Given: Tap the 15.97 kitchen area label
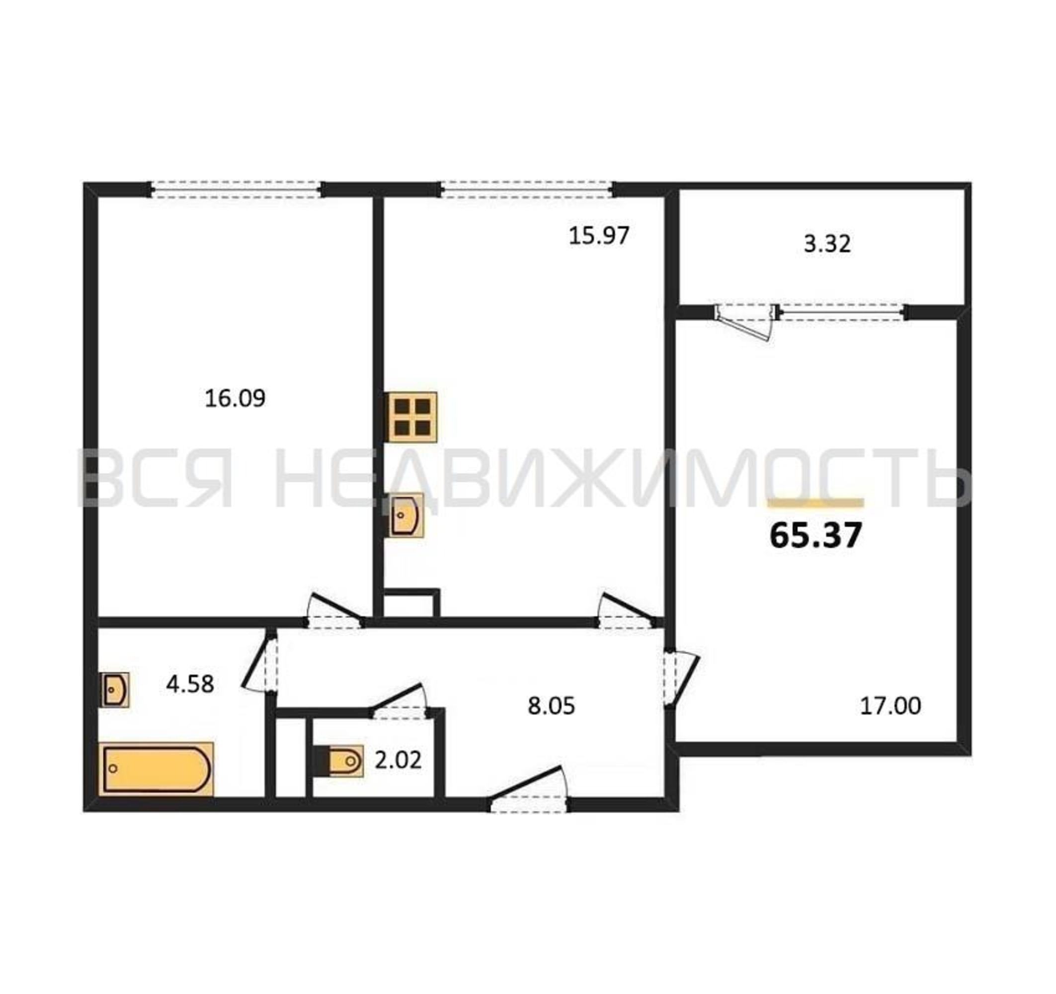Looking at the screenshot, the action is click(599, 236).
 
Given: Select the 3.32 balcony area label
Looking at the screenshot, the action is click(827, 244).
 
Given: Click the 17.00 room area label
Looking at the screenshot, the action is click(890, 706).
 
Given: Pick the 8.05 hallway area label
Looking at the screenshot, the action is click(552, 706).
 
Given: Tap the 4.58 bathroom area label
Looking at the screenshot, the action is click(190, 684).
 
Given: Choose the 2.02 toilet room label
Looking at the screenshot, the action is click(398, 760).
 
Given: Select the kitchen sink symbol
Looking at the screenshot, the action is click(407, 515).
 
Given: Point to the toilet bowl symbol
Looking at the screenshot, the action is click(340, 761).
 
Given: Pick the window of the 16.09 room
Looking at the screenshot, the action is click(237, 190).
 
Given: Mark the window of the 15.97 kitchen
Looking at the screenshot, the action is click(526, 190).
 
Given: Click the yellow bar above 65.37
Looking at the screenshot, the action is click(816, 502).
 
